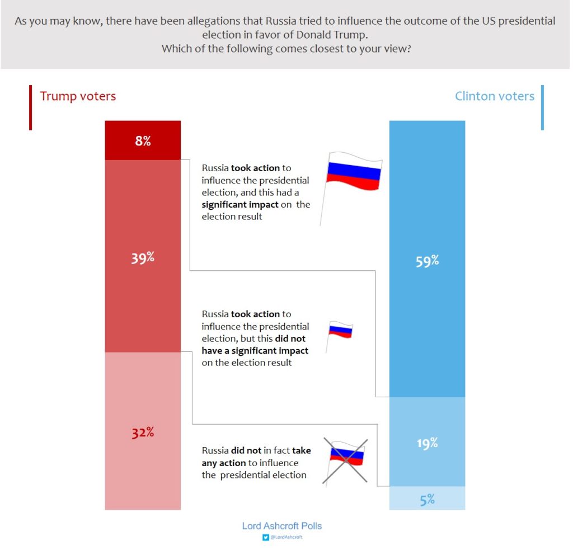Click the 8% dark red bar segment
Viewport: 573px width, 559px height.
point(143,140)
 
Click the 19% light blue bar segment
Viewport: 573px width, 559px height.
point(427,442)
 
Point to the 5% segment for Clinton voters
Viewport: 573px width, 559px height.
point(427,499)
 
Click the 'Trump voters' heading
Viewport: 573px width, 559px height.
point(78,96)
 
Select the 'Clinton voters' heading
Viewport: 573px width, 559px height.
point(494,96)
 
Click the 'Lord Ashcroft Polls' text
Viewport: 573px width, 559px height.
point(281,526)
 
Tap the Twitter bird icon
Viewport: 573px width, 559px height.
point(265,537)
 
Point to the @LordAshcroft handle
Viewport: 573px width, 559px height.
point(286,537)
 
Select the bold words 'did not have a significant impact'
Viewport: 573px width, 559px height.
point(255,350)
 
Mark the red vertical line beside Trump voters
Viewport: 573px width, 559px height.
point(30,107)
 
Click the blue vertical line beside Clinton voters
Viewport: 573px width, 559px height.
point(542,107)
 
